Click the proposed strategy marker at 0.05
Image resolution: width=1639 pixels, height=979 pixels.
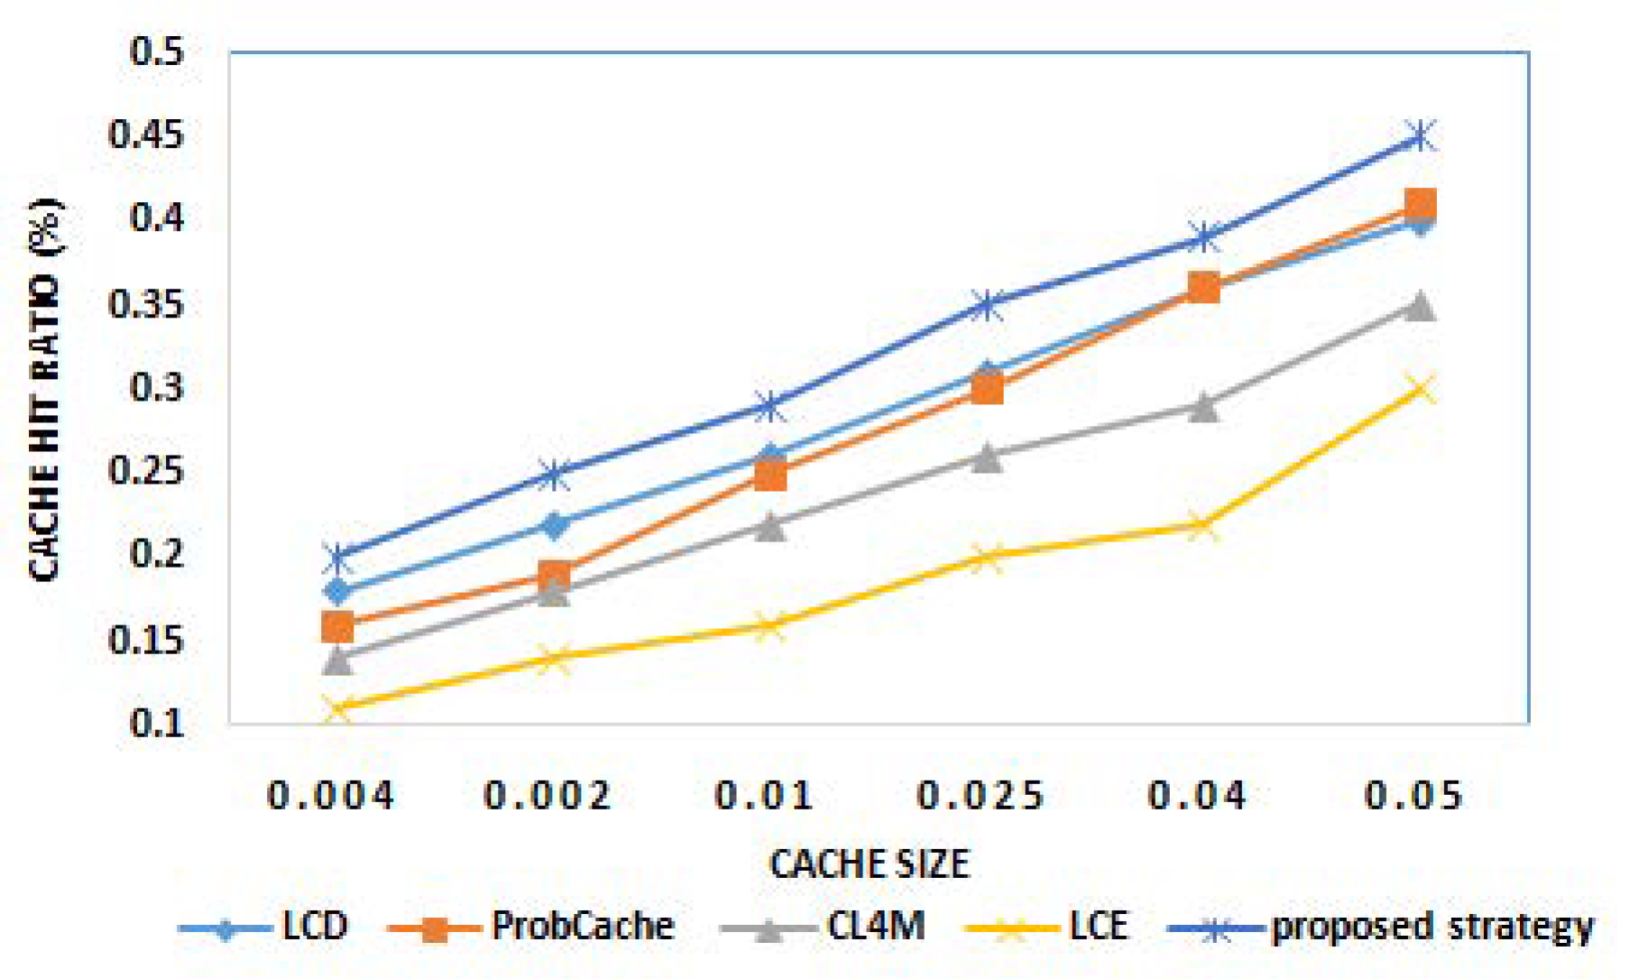tap(1420, 136)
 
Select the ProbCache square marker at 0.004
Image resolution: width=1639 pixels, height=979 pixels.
tap(337, 625)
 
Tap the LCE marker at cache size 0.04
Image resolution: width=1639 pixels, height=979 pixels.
tap(1202, 525)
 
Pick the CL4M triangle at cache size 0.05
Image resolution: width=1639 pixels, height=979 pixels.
tap(1420, 306)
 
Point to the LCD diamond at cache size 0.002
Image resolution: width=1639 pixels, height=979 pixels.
tap(554, 524)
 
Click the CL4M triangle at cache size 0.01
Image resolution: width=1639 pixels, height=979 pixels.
tap(769, 525)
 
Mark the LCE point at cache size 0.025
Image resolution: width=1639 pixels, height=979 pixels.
tap(987, 558)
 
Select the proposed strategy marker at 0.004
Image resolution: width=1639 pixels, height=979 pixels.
tap(337, 559)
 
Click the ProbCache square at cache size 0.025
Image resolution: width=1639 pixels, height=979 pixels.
tap(987, 389)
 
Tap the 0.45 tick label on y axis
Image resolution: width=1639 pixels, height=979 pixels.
tap(145, 135)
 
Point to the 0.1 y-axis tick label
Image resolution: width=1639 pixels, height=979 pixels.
tap(156, 723)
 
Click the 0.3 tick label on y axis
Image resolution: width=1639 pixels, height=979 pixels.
tap(156, 388)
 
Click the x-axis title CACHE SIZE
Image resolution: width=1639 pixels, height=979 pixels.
tap(869, 864)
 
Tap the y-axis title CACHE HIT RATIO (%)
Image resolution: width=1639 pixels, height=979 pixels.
tap(45, 389)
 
